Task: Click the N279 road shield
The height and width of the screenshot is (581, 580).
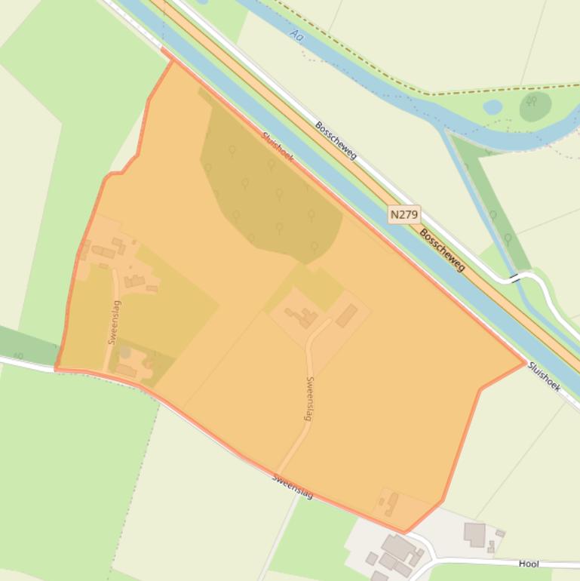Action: click(404, 214)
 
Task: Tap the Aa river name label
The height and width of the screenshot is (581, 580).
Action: click(296, 34)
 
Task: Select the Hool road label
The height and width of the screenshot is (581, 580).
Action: click(529, 564)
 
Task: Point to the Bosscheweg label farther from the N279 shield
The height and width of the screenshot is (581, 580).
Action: click(336, 140)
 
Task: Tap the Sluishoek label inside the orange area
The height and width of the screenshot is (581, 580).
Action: click(278, 146)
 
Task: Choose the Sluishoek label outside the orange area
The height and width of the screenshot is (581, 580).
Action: click(544, 377)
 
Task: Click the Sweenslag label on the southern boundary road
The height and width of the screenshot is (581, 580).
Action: click(292, 485)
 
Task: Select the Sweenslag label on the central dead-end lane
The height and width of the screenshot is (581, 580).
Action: click(309, 398)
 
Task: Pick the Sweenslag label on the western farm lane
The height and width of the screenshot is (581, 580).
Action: click(115, 322)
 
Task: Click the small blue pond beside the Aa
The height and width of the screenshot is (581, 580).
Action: click(493, 107)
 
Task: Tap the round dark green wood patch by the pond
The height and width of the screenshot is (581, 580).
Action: click(535, 106)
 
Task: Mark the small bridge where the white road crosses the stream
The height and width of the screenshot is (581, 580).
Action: click(515, 278)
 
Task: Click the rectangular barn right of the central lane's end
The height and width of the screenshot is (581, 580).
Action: click(346, 315)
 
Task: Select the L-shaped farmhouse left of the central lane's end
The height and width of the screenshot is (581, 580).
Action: click(305, 317)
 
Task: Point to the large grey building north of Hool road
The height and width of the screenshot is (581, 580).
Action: click(474, 534)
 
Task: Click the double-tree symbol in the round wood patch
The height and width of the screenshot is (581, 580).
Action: click(532, 101)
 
